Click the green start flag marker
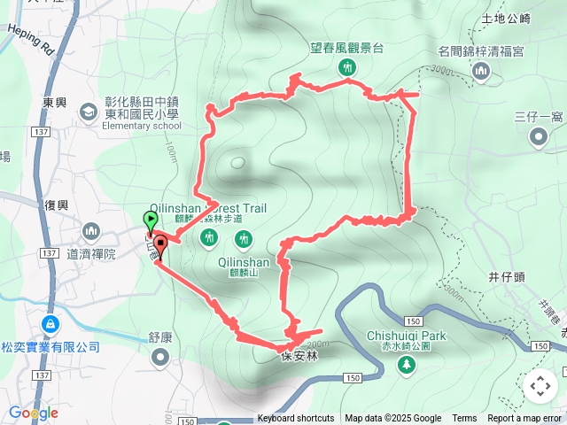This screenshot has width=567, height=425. pos(151,219)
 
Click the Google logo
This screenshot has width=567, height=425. pos(34,413)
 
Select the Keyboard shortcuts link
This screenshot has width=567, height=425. pos(296,419)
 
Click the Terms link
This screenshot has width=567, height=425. pos(464,419)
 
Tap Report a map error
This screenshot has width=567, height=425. pos(524,419)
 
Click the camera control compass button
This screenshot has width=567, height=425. pos(540,386)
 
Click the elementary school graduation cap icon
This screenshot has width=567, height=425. pos(89,112)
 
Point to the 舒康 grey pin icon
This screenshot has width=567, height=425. pos(159,357)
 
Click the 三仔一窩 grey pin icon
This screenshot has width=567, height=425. pos(539,136)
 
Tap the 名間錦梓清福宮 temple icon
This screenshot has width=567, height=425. pos(481,71)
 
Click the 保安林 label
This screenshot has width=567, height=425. pos(299,357)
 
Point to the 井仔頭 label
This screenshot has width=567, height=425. pos(508,277)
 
